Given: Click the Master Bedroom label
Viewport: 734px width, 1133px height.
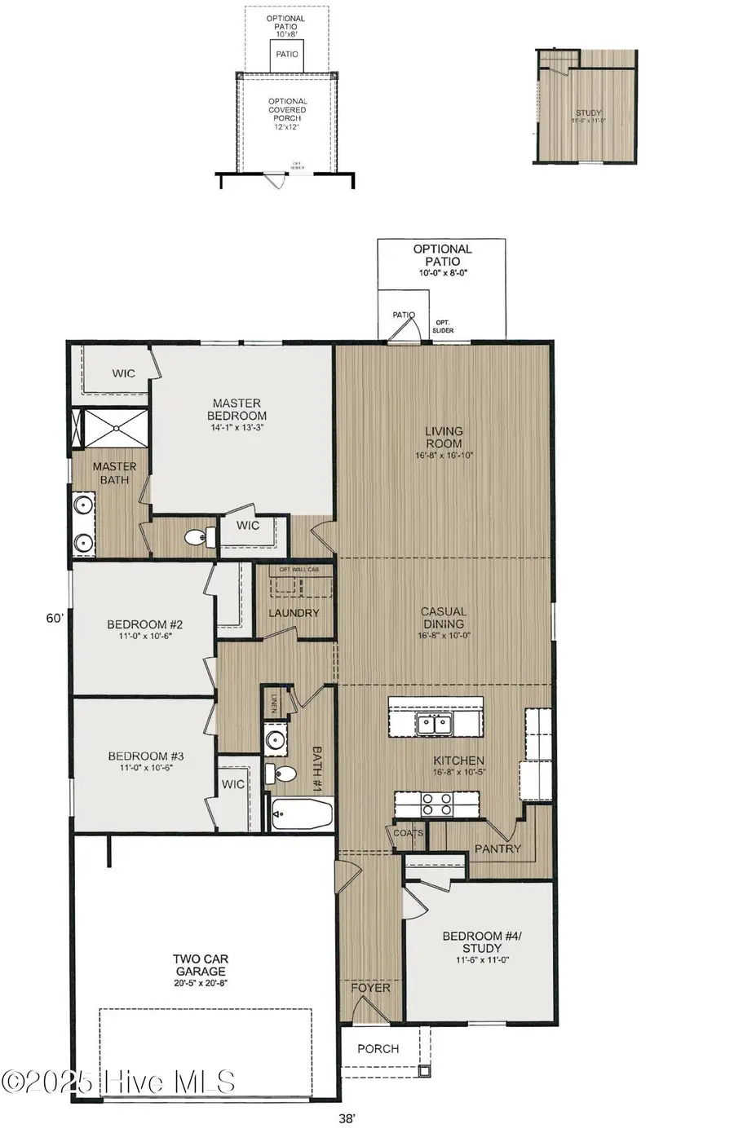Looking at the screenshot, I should pyautogui.click(x=237, y=409).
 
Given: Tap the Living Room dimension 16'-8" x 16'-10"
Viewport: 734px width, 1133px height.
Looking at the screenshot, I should pyautogui.click(x=444, y=456).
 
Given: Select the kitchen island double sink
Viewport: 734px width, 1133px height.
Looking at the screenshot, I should pyautogui.click(x=433, y=722).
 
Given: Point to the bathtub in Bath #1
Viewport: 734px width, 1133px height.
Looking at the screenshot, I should pyautogui.click(x=301, y=813).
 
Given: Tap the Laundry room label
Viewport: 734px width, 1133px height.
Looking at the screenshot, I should pyautogui.click(x=294, y=613).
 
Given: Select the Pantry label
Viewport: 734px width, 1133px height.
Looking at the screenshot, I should pyautogui.click(x=497, y=849).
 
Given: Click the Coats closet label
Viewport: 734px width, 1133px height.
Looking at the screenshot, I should pyautogui.click(x=408, y=833).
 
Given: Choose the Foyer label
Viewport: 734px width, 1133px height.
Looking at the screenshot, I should pyautogui.click(x=371, y=988).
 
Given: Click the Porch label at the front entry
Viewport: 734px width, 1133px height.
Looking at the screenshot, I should pyautogui.click(x=378, y=1049).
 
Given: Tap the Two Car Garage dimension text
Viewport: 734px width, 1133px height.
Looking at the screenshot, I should pyautogui.click(x=201, y=984).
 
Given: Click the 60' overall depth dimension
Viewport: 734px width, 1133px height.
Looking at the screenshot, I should pyautogui.click(x=55, y=619).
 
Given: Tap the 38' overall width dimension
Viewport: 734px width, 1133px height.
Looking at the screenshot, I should pyautogui.click(x=347, y=1119).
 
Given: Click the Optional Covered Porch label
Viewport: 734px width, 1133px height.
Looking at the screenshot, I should pyautogui.click(x=287, y=110).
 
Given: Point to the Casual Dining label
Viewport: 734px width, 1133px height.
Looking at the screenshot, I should pyautogui.click(x=444, y=617).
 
